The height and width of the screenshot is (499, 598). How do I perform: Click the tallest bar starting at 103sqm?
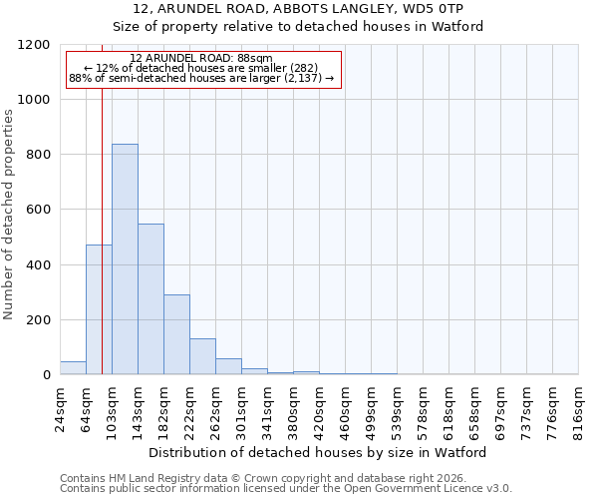coord(125,259)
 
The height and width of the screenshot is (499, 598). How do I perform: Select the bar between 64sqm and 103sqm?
coord(99,309)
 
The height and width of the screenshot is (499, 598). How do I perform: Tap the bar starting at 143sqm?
coord(150,299)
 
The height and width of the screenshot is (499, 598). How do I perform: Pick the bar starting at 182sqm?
coord(176,335)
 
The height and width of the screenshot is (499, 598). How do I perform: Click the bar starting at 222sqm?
coord(202,357)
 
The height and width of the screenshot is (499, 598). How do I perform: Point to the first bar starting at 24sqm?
coord(73,368)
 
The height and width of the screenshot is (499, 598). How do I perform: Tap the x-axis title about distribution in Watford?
coord(319,452)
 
